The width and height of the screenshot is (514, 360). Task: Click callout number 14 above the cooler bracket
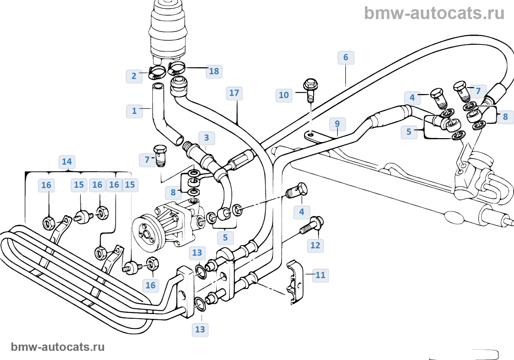coord(67,162)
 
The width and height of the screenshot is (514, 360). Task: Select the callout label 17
coord(234,93)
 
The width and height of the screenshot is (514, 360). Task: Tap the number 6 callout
coord(345,58)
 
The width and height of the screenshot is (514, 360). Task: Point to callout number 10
coord(284,96)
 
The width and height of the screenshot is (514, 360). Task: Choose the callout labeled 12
coord(315,245)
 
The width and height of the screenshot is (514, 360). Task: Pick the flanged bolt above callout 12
coord(312,225)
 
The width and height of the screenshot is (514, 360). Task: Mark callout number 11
coord(321,275)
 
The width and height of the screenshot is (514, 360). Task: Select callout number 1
coord(134,111)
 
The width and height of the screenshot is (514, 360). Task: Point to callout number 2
coord(134,76)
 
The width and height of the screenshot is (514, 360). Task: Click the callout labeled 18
coord(214,71)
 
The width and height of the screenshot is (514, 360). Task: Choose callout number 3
coord(206,138)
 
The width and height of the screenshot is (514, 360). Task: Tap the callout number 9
coord(337,124)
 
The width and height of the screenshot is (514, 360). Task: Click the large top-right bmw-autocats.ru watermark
coord(434,13)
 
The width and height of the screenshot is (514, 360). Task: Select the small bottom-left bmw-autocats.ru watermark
coord(58,347)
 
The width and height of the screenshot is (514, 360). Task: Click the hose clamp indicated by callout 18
coord(176,68)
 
